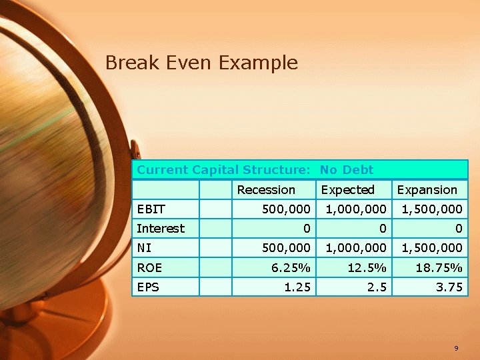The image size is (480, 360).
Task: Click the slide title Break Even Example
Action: [201, 63]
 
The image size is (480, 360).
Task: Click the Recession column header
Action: [266, 190]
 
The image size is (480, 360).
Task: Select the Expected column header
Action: [347, 190]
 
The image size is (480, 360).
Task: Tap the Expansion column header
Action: [427, 190]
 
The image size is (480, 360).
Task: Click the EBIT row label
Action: [151, 209]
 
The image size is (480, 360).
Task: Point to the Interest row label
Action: [161, 229]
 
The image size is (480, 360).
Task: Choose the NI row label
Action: [144, 248]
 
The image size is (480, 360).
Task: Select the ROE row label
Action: [149, 267]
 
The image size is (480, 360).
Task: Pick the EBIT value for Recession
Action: [286, 209]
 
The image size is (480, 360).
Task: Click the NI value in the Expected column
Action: [356, 248]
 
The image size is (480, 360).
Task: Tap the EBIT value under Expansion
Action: [431, 209]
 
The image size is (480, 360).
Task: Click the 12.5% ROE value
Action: [368, 267]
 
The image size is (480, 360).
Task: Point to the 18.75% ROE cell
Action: [439, 267]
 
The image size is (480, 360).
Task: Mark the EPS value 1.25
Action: [298, 287]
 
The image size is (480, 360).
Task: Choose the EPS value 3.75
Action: [449, 287]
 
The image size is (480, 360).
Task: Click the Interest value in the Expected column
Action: [382, 229]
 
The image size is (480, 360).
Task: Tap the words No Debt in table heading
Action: [347, 170]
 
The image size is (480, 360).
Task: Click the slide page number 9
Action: [456, 348]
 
